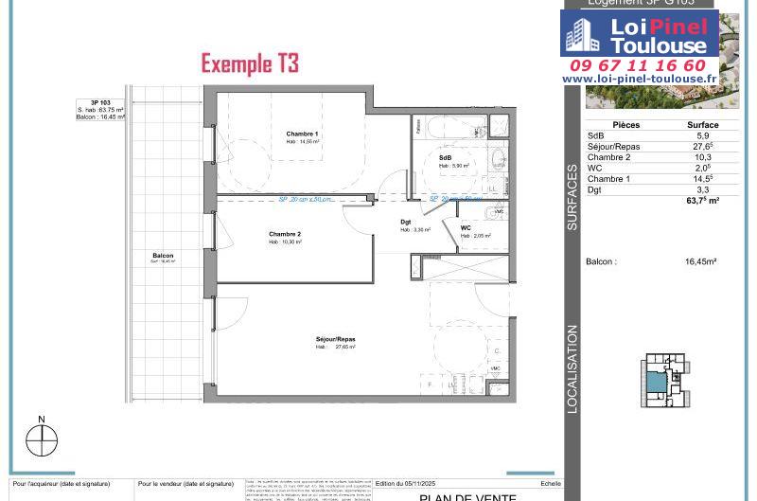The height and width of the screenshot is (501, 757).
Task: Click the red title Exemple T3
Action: [x=250, y=63]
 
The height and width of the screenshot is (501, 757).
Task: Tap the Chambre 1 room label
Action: [x=302, y=134]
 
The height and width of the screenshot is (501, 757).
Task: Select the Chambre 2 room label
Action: [x=284, y=234]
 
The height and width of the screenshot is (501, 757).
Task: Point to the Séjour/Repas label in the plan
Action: [x=335, y=339]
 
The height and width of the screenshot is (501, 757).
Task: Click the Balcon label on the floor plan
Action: [x=163, y=256]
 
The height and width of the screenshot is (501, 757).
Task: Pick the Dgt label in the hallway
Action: [x=405, y=223]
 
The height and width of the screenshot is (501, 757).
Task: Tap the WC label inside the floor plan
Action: [x=466, y=228]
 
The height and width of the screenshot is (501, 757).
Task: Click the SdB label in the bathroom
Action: [x=445, y=157]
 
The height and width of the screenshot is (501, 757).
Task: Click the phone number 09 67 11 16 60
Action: [x=638, y=65]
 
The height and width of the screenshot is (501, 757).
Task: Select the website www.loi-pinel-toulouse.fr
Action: [x=639, y=79]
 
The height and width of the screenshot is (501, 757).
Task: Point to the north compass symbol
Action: [x=42, y=439]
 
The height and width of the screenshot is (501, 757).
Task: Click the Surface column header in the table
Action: [x=701, y=125]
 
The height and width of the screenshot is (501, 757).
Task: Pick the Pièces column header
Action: [x=625, y=125]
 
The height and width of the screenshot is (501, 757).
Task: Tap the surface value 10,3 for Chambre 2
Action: [x=702, y=157]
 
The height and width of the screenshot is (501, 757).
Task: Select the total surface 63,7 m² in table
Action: [x=702, y=201]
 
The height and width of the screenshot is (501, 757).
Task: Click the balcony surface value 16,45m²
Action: [x=700, y=261]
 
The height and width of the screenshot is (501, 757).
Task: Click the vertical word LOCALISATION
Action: [x=572, y=369]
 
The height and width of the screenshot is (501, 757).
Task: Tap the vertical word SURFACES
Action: [x=572, y=198]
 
